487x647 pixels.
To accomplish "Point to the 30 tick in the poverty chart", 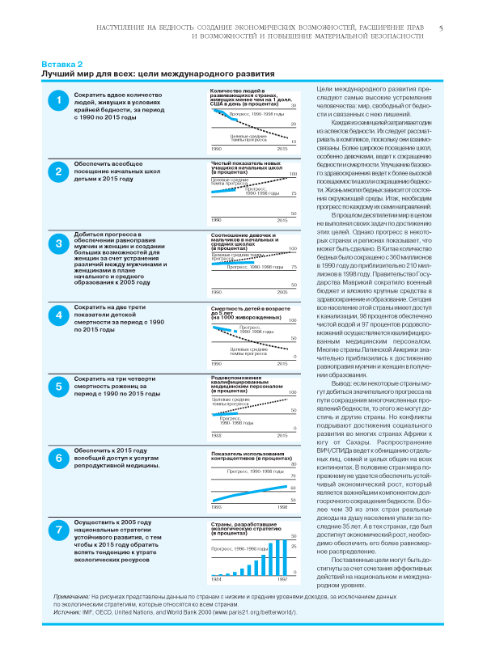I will click(x=294, y=107).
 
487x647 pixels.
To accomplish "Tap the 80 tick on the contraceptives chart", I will click(x=294, y=463).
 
